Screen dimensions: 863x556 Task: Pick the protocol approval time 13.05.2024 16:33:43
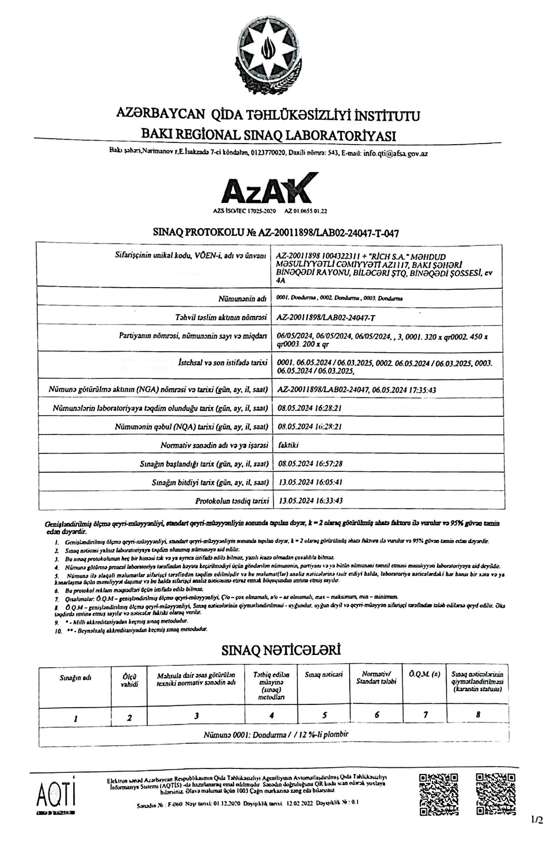(310, 500)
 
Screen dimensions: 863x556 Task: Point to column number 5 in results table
(324, 715)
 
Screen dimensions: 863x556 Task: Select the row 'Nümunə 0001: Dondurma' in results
(276, 734)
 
